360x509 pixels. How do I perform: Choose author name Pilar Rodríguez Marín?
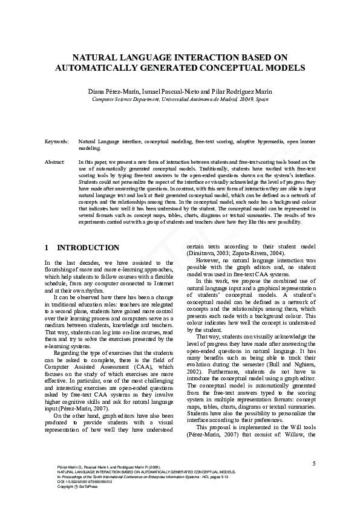[x=241, y=91]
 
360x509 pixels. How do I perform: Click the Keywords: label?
[x=56, y=141]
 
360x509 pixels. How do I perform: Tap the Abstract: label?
[x=55, y=163]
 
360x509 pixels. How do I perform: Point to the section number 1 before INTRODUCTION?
[x=47, y=248]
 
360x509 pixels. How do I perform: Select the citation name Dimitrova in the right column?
[x=205, y=253]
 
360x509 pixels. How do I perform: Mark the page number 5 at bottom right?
[x=314, y=464]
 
